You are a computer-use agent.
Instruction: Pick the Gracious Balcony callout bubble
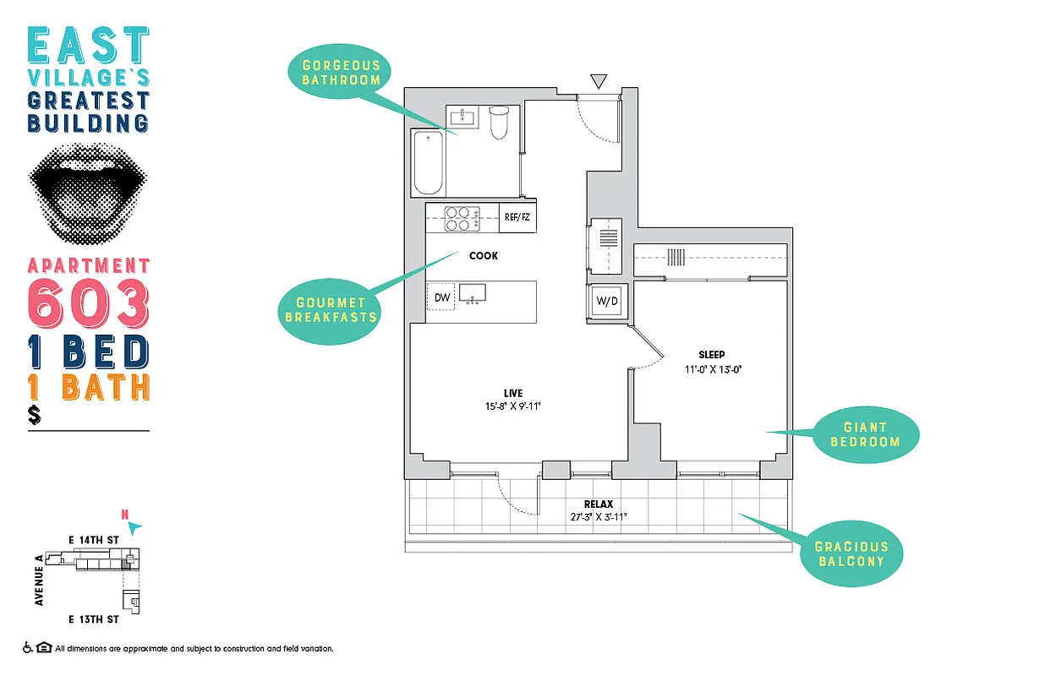click(851, 553)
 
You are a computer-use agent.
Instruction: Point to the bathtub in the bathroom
click(429, 161)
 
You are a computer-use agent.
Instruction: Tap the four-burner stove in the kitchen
click(462, 219)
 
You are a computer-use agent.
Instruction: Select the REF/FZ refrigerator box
click(517, 218)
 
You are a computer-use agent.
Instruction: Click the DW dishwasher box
click(442, 297)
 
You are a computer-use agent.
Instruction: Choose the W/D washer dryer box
click(606, 301)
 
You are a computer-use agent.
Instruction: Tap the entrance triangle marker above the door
click(599, 81)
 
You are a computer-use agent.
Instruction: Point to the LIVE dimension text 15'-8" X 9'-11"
click(512, 406)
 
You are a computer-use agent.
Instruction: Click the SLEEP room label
click(712, 355)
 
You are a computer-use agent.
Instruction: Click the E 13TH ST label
click(93, 619)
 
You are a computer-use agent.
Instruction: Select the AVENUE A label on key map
click(39, 581)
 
